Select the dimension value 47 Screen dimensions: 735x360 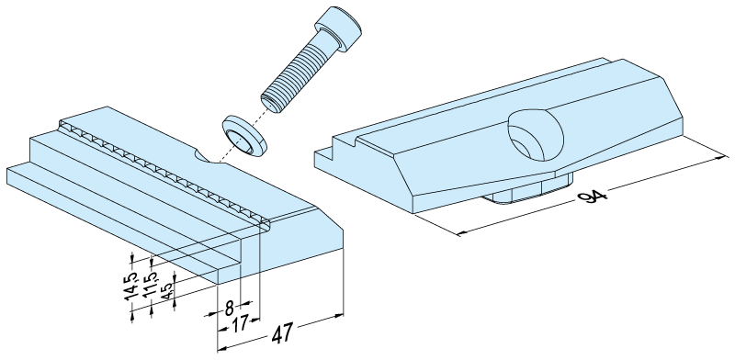[282, 333]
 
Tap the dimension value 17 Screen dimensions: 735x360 [239, 324]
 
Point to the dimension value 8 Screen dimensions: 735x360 [229, 309]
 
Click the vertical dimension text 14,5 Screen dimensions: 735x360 [131, 286]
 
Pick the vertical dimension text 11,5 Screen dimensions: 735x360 [150, 284]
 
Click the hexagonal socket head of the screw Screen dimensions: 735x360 [338, 28]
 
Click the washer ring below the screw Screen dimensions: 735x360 [243, 136]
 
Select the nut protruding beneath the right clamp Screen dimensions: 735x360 [527, 190]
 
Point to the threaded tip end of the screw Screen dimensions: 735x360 [271, 104]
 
